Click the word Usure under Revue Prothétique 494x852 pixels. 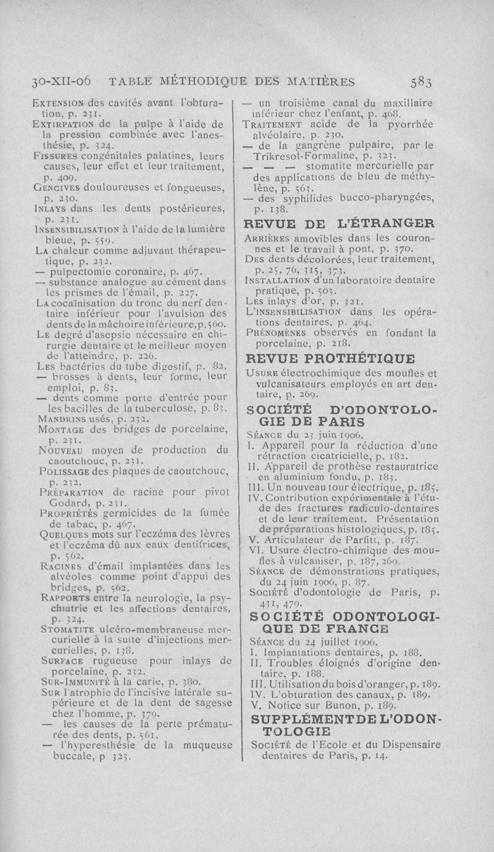pyautogui.click(x=259, y=372)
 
